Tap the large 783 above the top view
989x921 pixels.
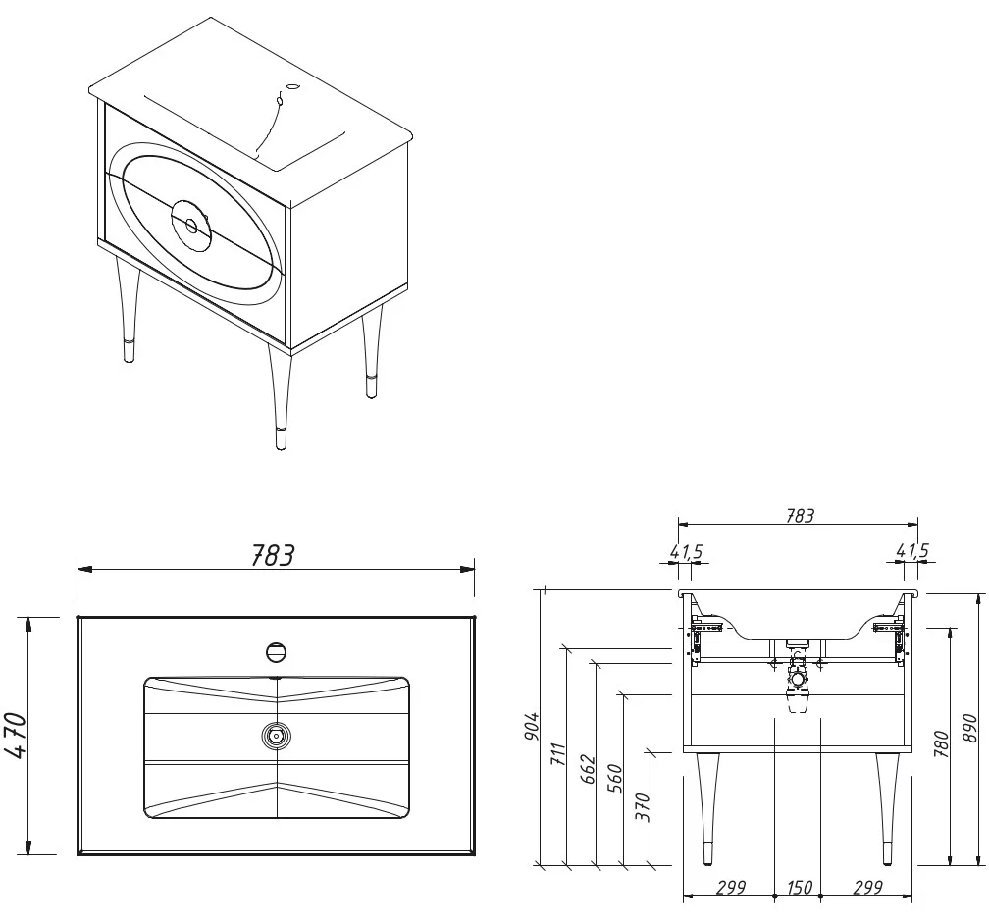pyautogui.click(x=274, y=555)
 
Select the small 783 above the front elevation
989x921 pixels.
pyautogui.click(x=800, y=515)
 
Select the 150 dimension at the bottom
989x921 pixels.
pyautogui.click(x=799, y=888)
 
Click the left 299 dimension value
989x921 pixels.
pyautogui.click(x=729, y=888)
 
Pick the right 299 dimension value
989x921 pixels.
pyautogui.click(x=867, y=888)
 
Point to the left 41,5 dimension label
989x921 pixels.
pyautogui.click(x=687, y=552)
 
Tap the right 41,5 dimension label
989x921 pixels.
pyautogui.click(x=911, y=552)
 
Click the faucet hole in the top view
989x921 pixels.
pyautogui.click(x=277, y=650)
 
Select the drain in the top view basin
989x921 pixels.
pyautogui.click(x=277, y=734)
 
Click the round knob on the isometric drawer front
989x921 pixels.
pyautogui.click(x=191, y=226)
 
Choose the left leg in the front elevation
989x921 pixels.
pyautogui.click(x=706, y=804)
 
